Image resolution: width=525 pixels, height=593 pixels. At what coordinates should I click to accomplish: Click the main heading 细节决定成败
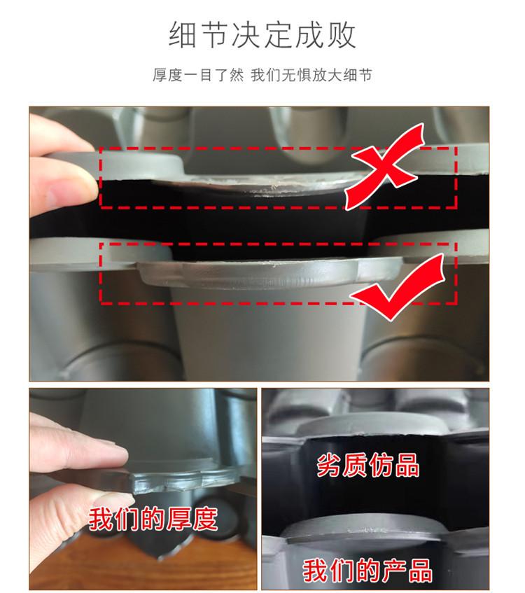tap(262, 35)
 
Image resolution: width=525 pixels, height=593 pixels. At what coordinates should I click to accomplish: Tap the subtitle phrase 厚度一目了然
tap(198, 75)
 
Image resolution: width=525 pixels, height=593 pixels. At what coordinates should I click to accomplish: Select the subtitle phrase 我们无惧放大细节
tap(311, 75)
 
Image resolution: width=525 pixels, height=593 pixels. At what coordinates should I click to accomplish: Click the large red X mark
tap(384, 165)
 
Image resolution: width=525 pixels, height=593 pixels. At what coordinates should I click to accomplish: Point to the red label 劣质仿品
tap(368, 465)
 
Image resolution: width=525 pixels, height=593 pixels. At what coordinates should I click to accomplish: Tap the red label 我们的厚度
tap(153, 519)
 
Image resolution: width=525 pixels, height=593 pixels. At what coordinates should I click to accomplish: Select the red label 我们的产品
tap(367, 571)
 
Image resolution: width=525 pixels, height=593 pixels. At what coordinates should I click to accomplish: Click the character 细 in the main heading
tap(183, 35)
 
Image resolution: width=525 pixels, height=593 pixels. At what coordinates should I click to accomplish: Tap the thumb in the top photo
tap(62, 186)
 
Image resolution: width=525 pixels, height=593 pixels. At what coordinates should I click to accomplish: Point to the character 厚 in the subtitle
tap(160, 75)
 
